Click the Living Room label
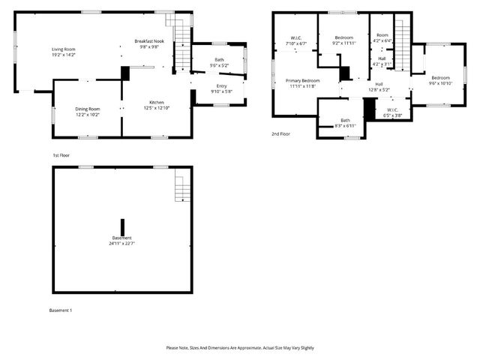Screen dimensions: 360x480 click(x=64, y=49)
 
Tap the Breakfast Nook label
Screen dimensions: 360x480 click(x=149, y=40)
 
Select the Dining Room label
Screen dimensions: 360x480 click(x=88, y=109)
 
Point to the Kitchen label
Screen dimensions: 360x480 click(x=157, y=103)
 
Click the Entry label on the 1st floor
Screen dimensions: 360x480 click(x=222, y=86)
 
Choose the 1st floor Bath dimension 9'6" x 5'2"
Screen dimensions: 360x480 click(x=219, y=65)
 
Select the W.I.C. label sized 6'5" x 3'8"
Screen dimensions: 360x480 click(x=392, y=115)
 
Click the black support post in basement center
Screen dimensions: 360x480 click(x=123, y=226)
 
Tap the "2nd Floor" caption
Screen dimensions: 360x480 click(x=282, y=134)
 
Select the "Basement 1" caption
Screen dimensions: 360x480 click(x=61, y=310)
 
